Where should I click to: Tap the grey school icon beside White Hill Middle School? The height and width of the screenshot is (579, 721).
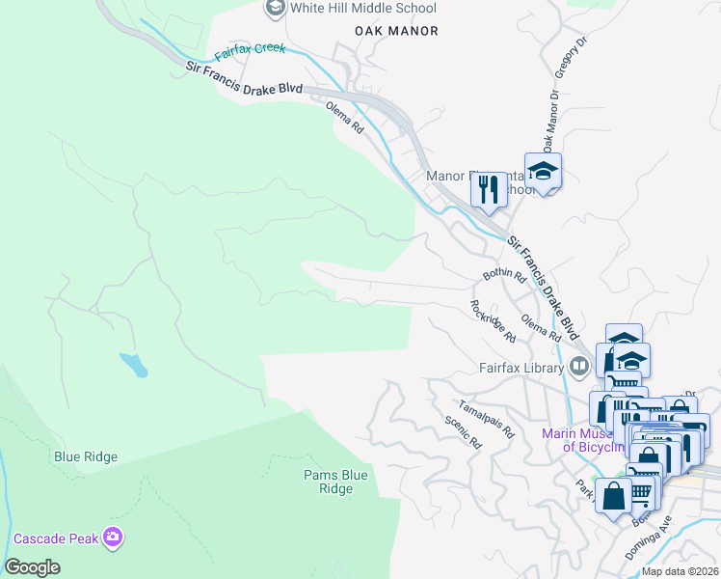coord(275,9)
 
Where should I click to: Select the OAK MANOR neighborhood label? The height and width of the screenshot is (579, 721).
coord(396,31)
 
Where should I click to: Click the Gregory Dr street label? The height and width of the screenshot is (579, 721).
coord(570,60)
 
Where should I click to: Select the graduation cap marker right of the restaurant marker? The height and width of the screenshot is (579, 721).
coord(544,172)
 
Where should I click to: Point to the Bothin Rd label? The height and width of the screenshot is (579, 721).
coord(503,276)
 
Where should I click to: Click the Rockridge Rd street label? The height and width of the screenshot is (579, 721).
coord(493,320)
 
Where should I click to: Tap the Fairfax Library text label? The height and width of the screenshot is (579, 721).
coord(521,367)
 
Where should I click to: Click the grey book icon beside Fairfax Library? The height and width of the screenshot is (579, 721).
coord(578,365)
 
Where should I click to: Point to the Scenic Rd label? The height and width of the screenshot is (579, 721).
coord(463,432)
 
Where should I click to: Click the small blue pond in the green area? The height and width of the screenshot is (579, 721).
coord(134,365)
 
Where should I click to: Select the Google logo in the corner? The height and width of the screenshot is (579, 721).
coord(32,567)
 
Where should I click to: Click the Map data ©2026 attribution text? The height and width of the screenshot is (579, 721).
coord(680,571)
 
